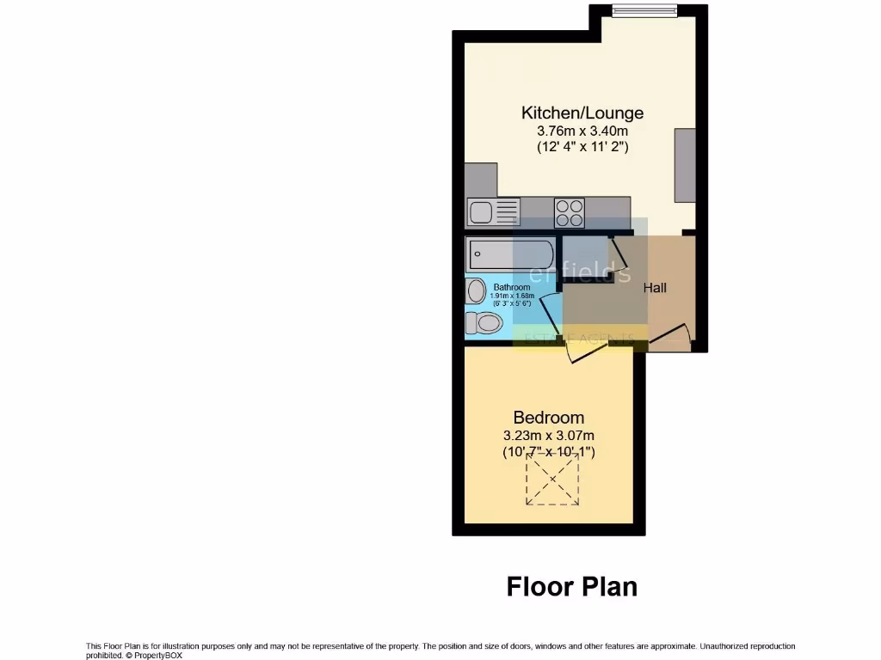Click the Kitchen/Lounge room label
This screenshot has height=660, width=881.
(582, 113)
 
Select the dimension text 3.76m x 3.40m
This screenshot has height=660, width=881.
(582, 131)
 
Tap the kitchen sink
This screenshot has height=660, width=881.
(493, 211)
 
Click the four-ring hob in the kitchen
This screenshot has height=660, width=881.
(570, 211)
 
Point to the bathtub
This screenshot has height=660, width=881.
(510, 254)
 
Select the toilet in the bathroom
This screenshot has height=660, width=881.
(484, 323)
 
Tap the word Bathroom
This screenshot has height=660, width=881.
(511, 287)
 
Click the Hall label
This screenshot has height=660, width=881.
(655, 288)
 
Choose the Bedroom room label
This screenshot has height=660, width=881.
(548, 418)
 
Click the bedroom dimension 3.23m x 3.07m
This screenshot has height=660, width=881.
(548, 436)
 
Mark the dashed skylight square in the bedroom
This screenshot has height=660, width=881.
(552, 479)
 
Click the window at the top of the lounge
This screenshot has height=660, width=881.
(644, 10)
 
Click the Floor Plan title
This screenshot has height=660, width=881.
(571, 586)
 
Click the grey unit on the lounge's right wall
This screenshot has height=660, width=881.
(685, 165)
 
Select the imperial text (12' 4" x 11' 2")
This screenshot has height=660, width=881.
(582, 147)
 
